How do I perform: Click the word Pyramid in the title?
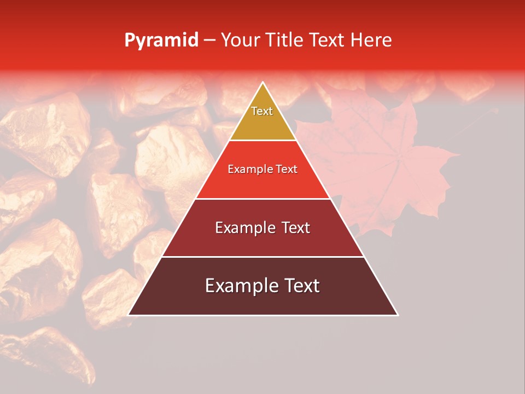point(161,40)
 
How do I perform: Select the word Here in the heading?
point(371,40)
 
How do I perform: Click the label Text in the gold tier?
point(262,111)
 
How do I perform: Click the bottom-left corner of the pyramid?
point(129,315)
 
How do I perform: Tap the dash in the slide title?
point(209,40)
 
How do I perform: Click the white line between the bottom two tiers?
point(262,257)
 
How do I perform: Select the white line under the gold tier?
point(262,140)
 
